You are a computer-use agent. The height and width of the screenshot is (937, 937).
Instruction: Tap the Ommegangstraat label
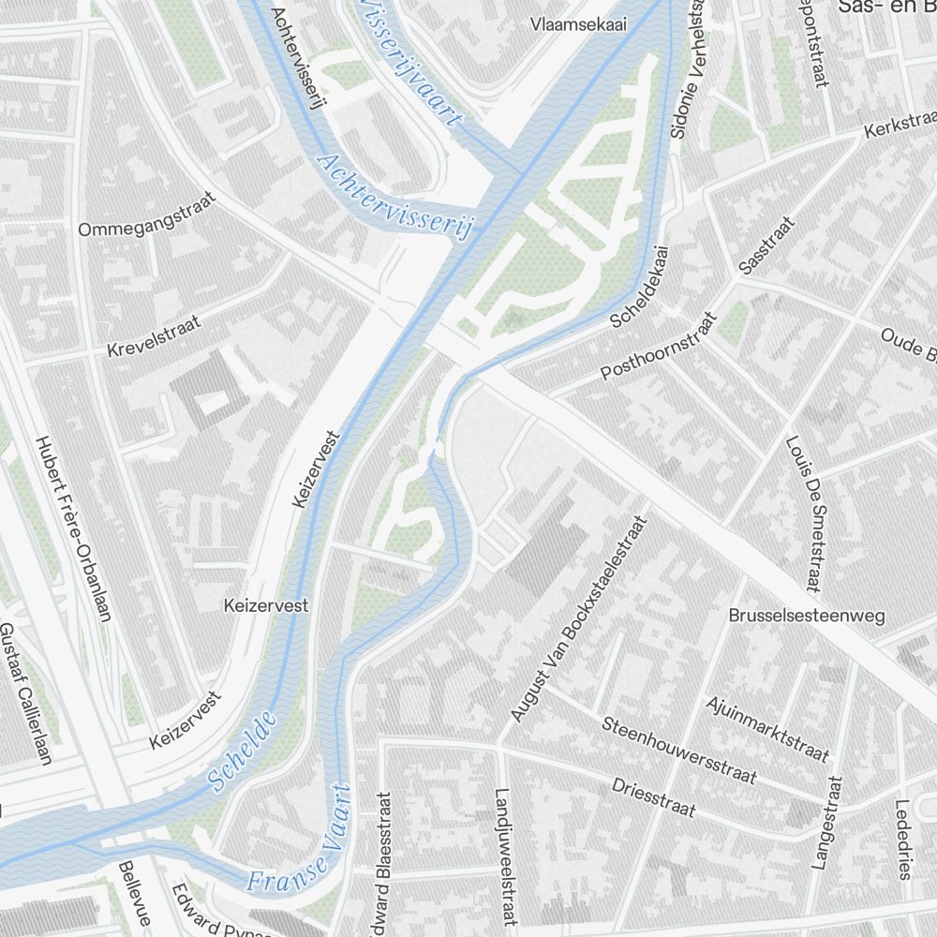click(147, 215)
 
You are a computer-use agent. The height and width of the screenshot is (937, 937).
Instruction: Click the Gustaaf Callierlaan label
click(24, 693)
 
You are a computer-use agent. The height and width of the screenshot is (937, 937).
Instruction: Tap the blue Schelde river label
click(243, 751)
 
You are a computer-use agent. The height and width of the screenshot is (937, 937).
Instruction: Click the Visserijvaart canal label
click(410, 62)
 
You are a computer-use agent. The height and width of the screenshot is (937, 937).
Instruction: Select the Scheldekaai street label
click(641, 287)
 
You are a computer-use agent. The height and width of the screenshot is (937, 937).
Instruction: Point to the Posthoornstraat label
click(658, 347)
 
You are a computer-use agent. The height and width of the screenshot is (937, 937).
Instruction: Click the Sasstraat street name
click(766, 245)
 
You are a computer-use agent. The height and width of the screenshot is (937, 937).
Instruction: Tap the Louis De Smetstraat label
click(804, 514)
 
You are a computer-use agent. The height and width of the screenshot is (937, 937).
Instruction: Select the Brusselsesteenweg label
click(807, 616)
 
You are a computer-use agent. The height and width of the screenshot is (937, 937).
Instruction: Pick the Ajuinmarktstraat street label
click(767, 729)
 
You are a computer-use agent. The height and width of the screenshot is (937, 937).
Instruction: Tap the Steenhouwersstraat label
click(678, 751)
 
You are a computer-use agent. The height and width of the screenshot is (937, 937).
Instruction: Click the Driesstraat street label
click(654, 796)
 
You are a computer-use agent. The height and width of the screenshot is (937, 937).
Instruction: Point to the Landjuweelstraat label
click(504, 855)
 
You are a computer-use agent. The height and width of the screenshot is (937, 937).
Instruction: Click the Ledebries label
click(903, 840)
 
